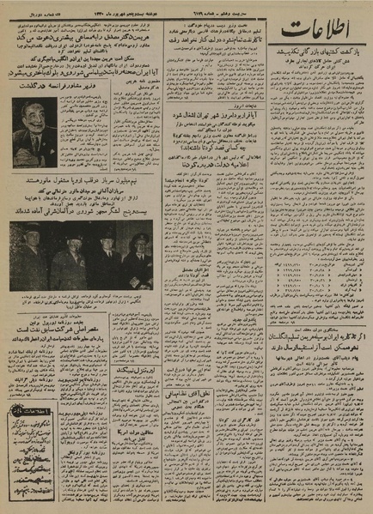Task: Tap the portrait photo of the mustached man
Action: tap(35, 131)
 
